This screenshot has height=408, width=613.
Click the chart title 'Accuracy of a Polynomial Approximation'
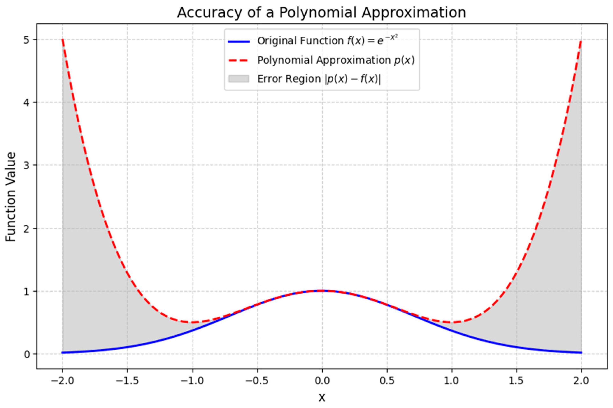pyautogui.click(x=321, y=13)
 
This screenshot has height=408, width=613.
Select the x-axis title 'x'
pyautogui.click(x=322, y=397)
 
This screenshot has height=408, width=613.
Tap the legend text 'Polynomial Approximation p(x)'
pyautogui.click(x=336, y=60)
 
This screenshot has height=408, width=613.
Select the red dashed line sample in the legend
pyautogui.click(x=239, y=60)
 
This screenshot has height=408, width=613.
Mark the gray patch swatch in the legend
pyautogui.click(x=239, y=79)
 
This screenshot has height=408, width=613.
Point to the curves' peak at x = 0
pyautogui.click(x=322, y=291)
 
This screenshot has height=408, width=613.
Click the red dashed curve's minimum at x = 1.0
pyautogui.click(x=452, y=322)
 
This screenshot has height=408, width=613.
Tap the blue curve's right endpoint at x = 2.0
pyautogui.click(x=581, y=352)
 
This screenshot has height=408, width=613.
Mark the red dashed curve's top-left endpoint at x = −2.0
pyautogui.click(x=63, y=39)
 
